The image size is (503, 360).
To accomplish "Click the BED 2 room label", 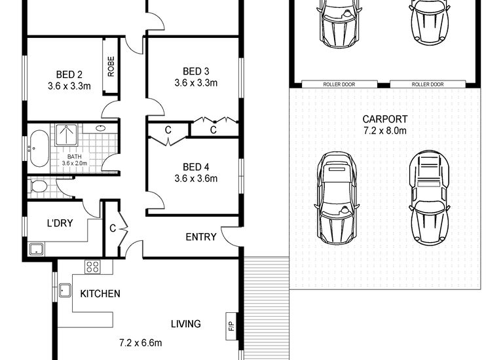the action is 69,75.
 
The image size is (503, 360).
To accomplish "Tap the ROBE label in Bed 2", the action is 111,66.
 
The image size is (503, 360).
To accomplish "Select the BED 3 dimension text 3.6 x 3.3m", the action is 196,82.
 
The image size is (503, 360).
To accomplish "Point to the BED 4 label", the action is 196,167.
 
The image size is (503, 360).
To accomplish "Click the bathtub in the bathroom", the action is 39,149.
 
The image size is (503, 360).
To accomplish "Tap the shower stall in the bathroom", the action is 66,135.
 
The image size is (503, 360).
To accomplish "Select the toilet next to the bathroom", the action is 39,187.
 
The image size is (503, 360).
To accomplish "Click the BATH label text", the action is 75,156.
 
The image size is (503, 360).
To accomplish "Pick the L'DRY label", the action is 60,223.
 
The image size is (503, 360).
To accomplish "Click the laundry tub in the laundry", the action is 36,249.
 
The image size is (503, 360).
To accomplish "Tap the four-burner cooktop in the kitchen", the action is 93,267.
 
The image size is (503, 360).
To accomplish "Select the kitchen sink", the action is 65,290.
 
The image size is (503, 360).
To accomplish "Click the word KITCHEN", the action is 100,294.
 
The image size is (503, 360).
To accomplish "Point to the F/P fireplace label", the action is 231,326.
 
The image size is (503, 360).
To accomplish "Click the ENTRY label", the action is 201,237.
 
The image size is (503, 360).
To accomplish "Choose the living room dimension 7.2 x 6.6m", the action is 141,343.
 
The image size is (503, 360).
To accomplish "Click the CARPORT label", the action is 385,119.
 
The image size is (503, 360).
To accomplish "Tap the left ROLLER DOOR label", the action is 339,84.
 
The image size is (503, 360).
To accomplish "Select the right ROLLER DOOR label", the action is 428,84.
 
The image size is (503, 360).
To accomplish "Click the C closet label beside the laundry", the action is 112,228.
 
